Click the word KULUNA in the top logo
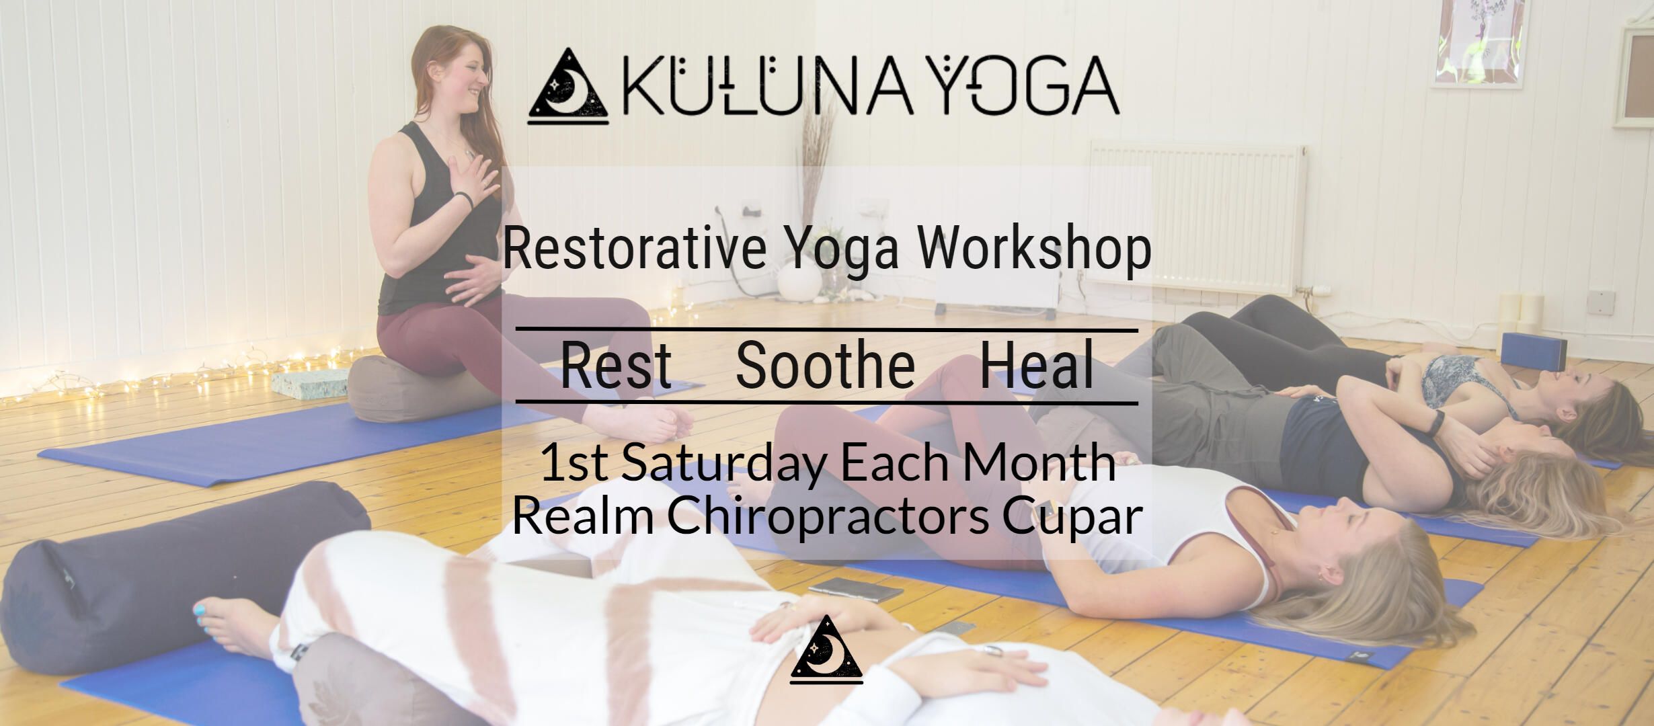click(767, 85)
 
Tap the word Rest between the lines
click(616, 366)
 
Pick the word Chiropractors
click(828, 517)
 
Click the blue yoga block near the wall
click(1534, 351)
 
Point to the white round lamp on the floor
click(799, 280)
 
